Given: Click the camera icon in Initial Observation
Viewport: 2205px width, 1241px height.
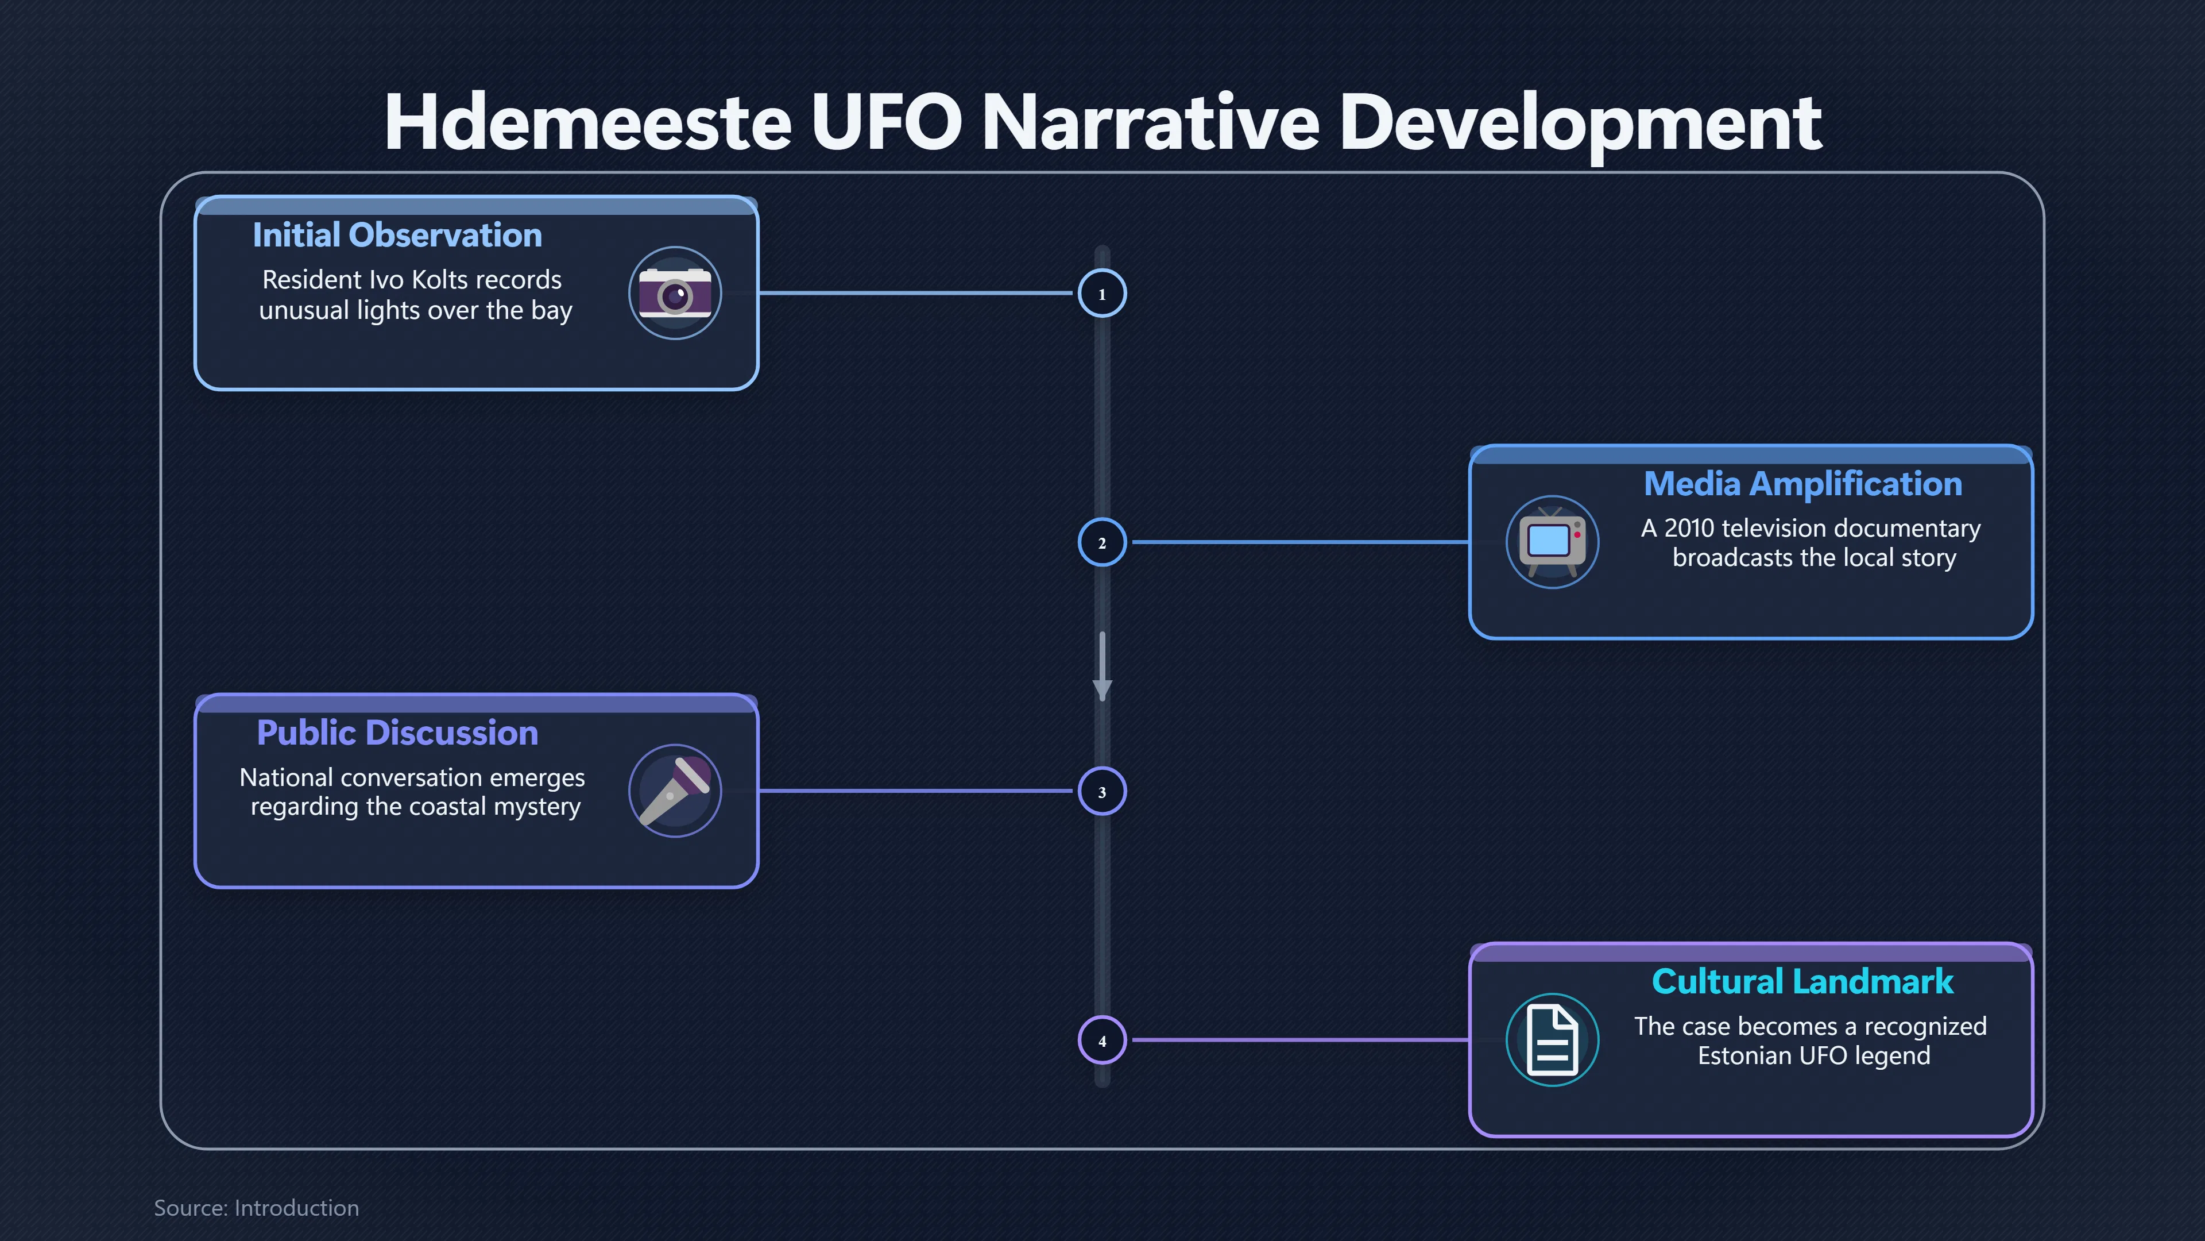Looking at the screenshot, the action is click(x=675, y=293).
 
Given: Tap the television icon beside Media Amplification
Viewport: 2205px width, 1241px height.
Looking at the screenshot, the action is click(x=1552, y=541).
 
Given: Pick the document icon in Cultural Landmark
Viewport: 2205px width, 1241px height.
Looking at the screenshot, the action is click(x=1552, y=1040).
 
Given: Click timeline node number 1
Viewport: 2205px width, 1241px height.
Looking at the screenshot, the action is click(x=1102, y=294).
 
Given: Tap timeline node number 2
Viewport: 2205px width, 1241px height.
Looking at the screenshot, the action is click(x=1102, y=542).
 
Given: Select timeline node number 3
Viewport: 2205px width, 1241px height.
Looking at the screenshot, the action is click(x=1102, y=791).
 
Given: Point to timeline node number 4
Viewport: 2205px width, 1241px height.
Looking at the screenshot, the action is click(x=1102, y=1040).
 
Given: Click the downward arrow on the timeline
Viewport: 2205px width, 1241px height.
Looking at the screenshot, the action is click(x=1102, y=666).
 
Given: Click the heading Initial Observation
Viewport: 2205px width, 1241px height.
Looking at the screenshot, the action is click(x=397, y=234).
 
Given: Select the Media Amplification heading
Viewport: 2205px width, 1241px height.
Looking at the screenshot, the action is click(x=1802, y=484).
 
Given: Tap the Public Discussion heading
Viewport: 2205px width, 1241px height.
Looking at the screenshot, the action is click(x=397, y=733).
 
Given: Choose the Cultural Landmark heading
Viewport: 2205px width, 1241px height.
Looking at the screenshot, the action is click(x=1802, y=981).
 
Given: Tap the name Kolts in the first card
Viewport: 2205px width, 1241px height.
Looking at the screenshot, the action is click(x=443, y=280).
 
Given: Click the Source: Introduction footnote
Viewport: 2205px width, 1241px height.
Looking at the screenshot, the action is click(x=256, y=1208).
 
